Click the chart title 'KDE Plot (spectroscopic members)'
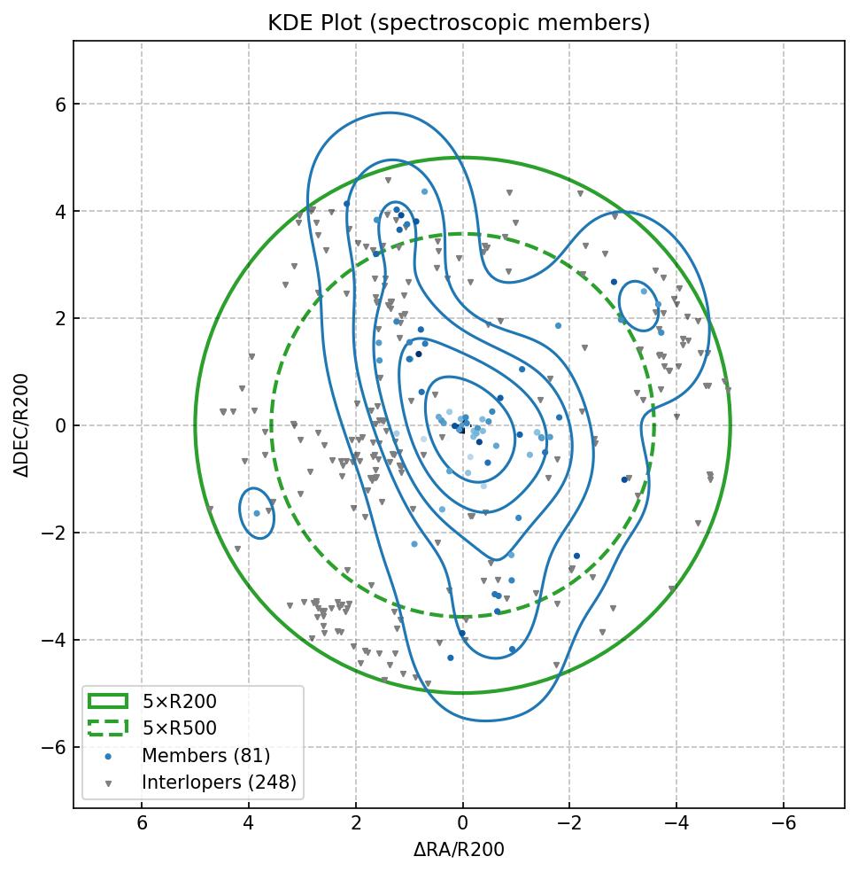[x=459, y=23]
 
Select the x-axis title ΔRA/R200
[x=459, y=850]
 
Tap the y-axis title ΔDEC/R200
[x=22, y=425]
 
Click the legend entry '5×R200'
[x=179, y=702]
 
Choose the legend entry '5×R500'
[x=179, y=728]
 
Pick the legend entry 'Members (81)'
[x=205, y=756]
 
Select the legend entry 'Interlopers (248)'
[x=219, y=782]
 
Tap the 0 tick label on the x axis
[x=462, y=824]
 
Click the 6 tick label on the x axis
[x=142, y=824]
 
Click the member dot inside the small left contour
[x=257, y=513]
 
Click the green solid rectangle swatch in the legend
[x=108, y=702]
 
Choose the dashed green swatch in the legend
[x=108, y=728]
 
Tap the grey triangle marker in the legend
[x=108, y=783]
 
